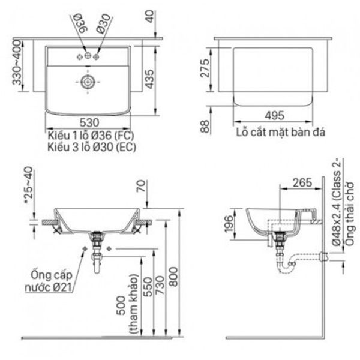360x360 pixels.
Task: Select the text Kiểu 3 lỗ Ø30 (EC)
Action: click(x=91, y=145)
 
